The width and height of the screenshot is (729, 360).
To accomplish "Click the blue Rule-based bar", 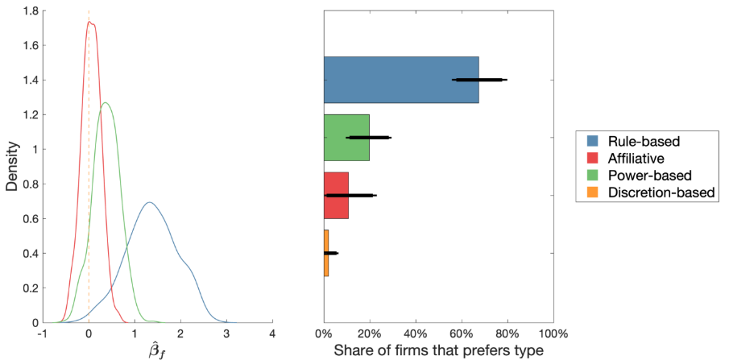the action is point(401,80).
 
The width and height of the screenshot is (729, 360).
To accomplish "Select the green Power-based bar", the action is point(346,138).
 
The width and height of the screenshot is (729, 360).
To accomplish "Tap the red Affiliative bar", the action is point(336,196).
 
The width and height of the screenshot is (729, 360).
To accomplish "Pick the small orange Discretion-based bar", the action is point(326,253).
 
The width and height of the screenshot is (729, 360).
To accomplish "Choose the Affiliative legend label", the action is point(632,158).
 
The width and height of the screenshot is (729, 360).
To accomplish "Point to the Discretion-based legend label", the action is point(661,192).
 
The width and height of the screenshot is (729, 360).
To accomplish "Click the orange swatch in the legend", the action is point(590,192).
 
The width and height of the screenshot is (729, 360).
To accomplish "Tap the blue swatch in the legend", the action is point(590,140).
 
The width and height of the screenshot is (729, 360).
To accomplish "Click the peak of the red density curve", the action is point(89,22).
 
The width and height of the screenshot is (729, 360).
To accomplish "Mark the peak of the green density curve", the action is point(106,103).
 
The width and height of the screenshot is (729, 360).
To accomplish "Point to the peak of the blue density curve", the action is point(150,202).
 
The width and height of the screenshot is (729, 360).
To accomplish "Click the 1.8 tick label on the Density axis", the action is point(31,10).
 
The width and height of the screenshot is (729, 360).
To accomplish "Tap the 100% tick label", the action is point(553,334).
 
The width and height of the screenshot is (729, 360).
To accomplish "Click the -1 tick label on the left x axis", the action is point(42,334).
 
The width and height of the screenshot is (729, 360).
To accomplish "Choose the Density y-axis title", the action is point(13,167).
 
